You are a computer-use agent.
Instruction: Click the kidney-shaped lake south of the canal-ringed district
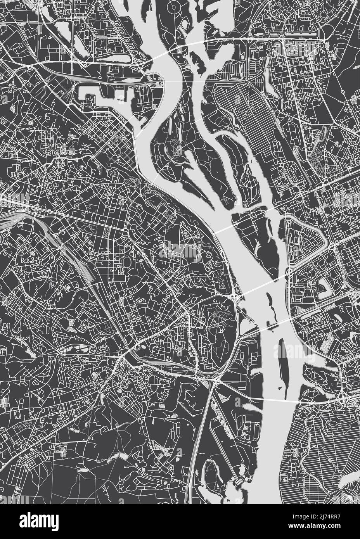322,285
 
